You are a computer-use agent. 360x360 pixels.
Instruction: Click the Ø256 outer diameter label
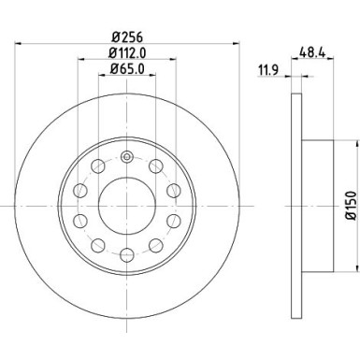click(x=126, y=38)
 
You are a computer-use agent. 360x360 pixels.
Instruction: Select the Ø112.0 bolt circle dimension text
click(x=126, y=54)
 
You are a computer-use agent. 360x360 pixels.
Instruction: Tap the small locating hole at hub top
click(x=126, y=153)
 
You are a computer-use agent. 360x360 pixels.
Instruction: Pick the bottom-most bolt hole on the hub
click(x=126, y=250)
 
